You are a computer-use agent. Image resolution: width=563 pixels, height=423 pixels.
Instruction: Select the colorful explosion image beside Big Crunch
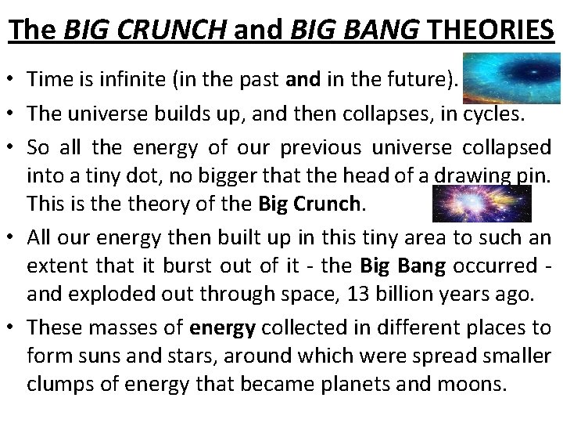pyautogui.click(x=482, y=204)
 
